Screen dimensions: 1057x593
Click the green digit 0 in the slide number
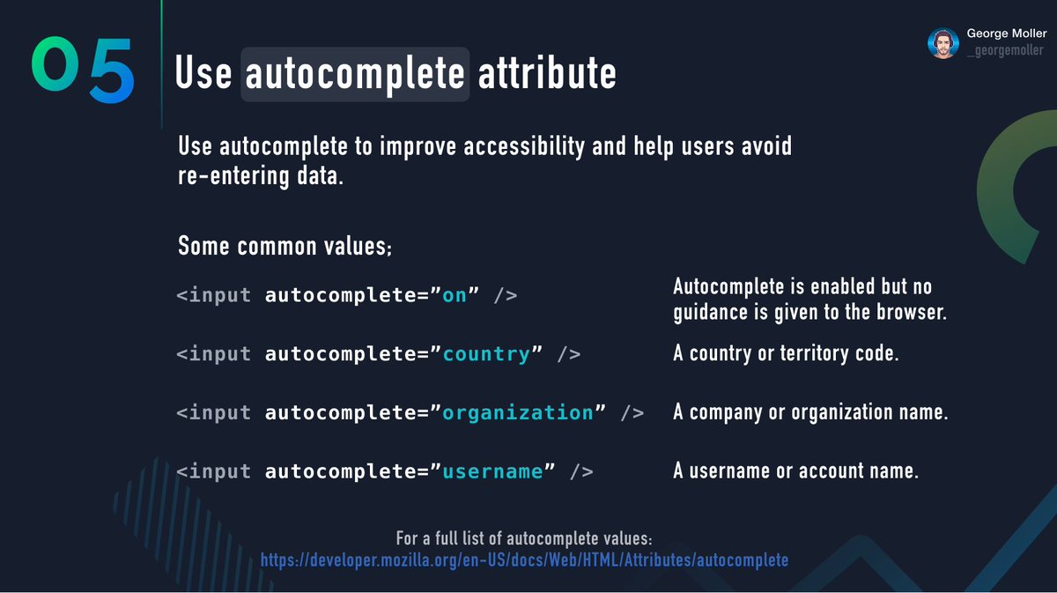(55, 63)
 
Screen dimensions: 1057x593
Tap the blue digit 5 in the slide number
(113, 70)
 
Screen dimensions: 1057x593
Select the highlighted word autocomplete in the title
(355, 74)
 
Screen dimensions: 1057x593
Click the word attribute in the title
(547, 73)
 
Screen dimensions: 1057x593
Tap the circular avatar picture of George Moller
(943, 43)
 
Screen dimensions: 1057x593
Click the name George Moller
(1007, 33)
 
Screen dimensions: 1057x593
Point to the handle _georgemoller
(1005, 50)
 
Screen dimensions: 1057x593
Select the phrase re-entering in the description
(233, 176)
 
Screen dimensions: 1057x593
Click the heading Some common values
(285, 246)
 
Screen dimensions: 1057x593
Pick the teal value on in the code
(455, 295)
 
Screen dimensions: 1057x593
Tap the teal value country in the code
(486, 354)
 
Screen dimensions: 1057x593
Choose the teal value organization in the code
(518, 413)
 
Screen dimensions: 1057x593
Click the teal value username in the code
(492, 471)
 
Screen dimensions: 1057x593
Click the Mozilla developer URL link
(524, 560)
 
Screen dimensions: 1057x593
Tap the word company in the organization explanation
(725, 412)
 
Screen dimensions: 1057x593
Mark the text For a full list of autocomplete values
(524, 538)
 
